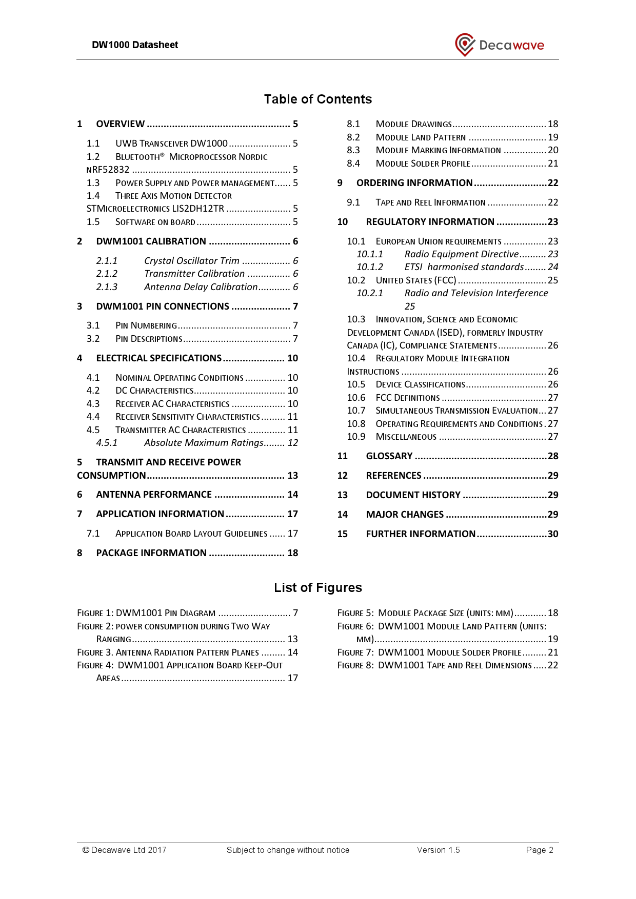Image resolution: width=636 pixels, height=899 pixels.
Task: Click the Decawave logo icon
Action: click(465, 45)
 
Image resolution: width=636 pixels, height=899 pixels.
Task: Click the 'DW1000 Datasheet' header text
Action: click(135, 45)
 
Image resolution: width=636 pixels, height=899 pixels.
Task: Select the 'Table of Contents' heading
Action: click(317, 99)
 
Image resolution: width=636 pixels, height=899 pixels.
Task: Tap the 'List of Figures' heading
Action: click(317, 588)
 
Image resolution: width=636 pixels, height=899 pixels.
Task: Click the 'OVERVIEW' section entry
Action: click(121, 124)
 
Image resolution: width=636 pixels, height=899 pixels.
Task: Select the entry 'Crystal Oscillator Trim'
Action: click(191, 261)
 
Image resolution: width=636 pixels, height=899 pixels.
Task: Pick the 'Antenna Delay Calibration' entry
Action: click(201, 287)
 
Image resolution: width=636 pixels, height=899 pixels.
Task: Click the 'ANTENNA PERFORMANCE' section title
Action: click(154, 495)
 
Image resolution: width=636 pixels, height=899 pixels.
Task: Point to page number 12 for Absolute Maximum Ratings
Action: click(292, 443)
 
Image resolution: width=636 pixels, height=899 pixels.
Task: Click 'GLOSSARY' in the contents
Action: click(389, 456)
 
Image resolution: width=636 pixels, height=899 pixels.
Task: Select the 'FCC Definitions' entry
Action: click(408, 398)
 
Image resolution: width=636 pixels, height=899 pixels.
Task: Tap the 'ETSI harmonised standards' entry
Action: click(464, 267)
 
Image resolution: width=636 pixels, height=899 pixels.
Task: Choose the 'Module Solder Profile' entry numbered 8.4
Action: click(423, 164)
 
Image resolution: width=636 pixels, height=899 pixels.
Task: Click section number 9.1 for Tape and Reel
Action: click(353, 202)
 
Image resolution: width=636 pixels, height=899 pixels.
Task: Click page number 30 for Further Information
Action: click(552, 534)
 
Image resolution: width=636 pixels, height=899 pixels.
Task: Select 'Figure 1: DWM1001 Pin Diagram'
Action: click(146, 613)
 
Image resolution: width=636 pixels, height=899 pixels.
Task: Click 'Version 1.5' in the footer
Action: click(438, 850)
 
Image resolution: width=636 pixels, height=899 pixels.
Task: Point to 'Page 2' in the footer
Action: click(539, 850)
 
